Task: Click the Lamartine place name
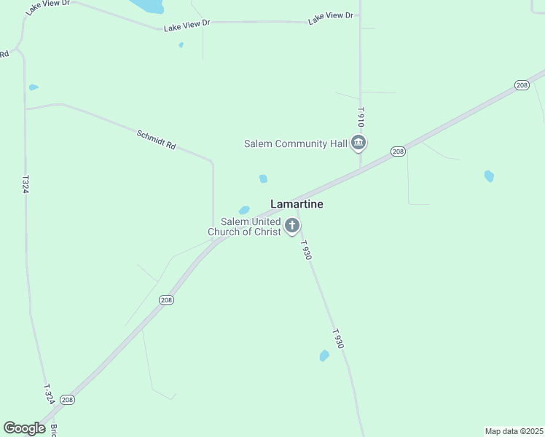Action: pyautogui.click(x=297, y=205)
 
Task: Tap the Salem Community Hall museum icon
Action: pyautogui.click(x=358, y=143)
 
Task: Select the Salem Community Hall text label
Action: pyautogui.click(x=295, y=144)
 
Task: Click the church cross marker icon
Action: pyautogui.click(x=292, y=226)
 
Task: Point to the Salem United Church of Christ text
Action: pyautogui.click(x=245, y=227)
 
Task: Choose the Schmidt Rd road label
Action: pyautogui.click(x=157, y=140)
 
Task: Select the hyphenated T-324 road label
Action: pyautogui.click(x=49, y=395)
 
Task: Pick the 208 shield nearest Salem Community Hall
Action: pyautogui.click(x=397, y=151)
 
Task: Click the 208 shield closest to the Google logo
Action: pyautogui.click(x=67, y=400)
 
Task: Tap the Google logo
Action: pyautogui.click(x=24, y=428)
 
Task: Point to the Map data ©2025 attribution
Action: pyautogui.click(x=514, y=430)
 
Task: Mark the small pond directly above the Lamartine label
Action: pyautogui.click(x=263, y=178)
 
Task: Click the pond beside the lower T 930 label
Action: pyautogui.click(x=324, y=355)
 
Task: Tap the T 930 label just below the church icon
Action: pyautogui.click(x=306, y=250)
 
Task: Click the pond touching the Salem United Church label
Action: pyautogui.click(x=244, y=210)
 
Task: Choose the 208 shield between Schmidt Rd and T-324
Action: pyautogui.click(x=166, y=300)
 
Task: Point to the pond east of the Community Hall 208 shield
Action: pyautogui.click(x=489, y=176)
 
